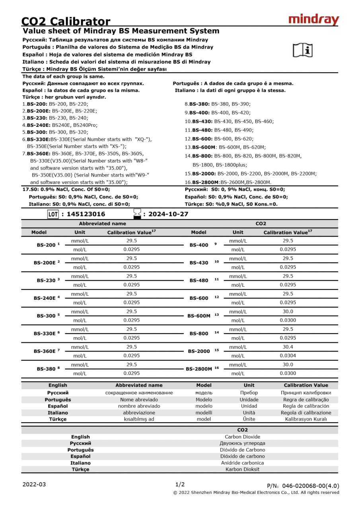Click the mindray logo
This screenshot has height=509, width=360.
click(313, 19)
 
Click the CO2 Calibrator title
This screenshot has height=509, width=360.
click(66, 21)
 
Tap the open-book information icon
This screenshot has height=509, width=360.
click(303, 50)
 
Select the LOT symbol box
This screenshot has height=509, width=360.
click(53, 214)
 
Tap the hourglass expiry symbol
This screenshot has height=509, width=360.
click(137, 214)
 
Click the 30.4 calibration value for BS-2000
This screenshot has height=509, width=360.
click(288, 347)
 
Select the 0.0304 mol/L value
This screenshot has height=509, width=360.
click(288, 356)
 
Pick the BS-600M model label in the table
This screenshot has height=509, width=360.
click(199, 316)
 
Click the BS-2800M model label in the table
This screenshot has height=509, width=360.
click(199, 369)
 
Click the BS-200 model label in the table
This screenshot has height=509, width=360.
click(45, 245)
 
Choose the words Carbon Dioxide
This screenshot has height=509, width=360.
click(242, 437)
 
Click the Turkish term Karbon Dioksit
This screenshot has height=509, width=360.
click(242, 469)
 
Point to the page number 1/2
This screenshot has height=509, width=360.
click(180, 484)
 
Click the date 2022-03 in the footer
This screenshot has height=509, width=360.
click(34, 484)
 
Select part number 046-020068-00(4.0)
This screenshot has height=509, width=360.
click(311, 486)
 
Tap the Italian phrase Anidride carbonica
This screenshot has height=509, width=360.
click(242, 463)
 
